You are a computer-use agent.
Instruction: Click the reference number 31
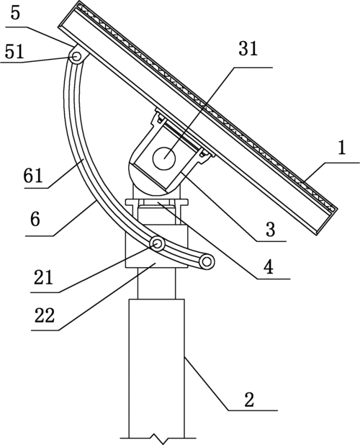point(248,48)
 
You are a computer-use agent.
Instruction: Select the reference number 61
point(33,175)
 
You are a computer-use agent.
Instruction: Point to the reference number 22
point(44,315)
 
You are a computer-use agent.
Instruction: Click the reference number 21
point(43,277)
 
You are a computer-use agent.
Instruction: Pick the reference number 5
point(15,13)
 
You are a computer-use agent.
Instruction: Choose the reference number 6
point(35,220)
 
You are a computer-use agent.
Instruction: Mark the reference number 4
point(269,266)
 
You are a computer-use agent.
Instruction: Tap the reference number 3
point(270,229)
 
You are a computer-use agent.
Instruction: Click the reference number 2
point(249,400)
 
